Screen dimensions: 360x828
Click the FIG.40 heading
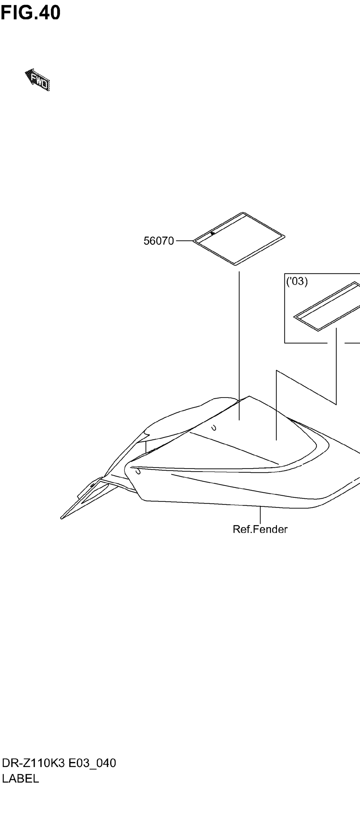click(30, 13)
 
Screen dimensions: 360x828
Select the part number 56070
click(158, 241)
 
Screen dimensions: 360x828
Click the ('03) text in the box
click(297, 282)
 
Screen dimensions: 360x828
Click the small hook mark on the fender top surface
click(214, 428)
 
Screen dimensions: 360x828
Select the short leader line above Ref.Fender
click(260, 514)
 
